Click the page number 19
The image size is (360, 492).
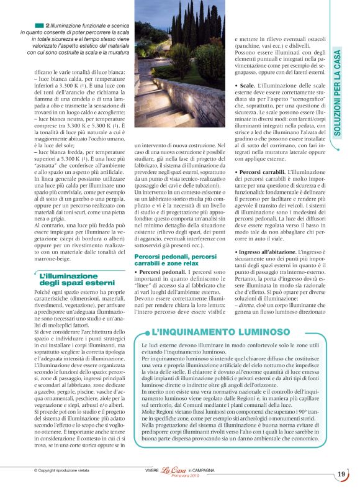click(341, 475)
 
